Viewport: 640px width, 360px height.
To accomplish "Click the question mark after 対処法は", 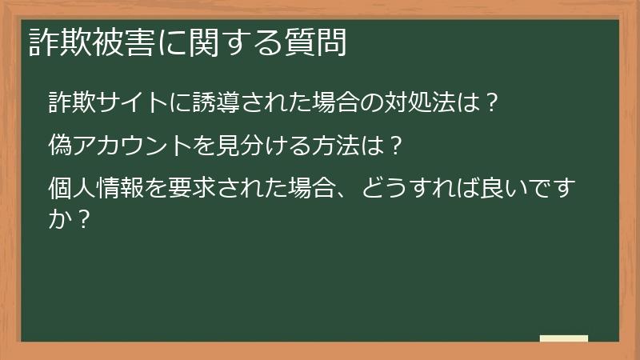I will pos(494,103).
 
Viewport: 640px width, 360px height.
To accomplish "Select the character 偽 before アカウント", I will pos(60,146).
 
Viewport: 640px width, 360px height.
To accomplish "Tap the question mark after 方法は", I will pos(393,146).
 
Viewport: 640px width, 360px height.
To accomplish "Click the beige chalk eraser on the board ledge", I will pos(564,338).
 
